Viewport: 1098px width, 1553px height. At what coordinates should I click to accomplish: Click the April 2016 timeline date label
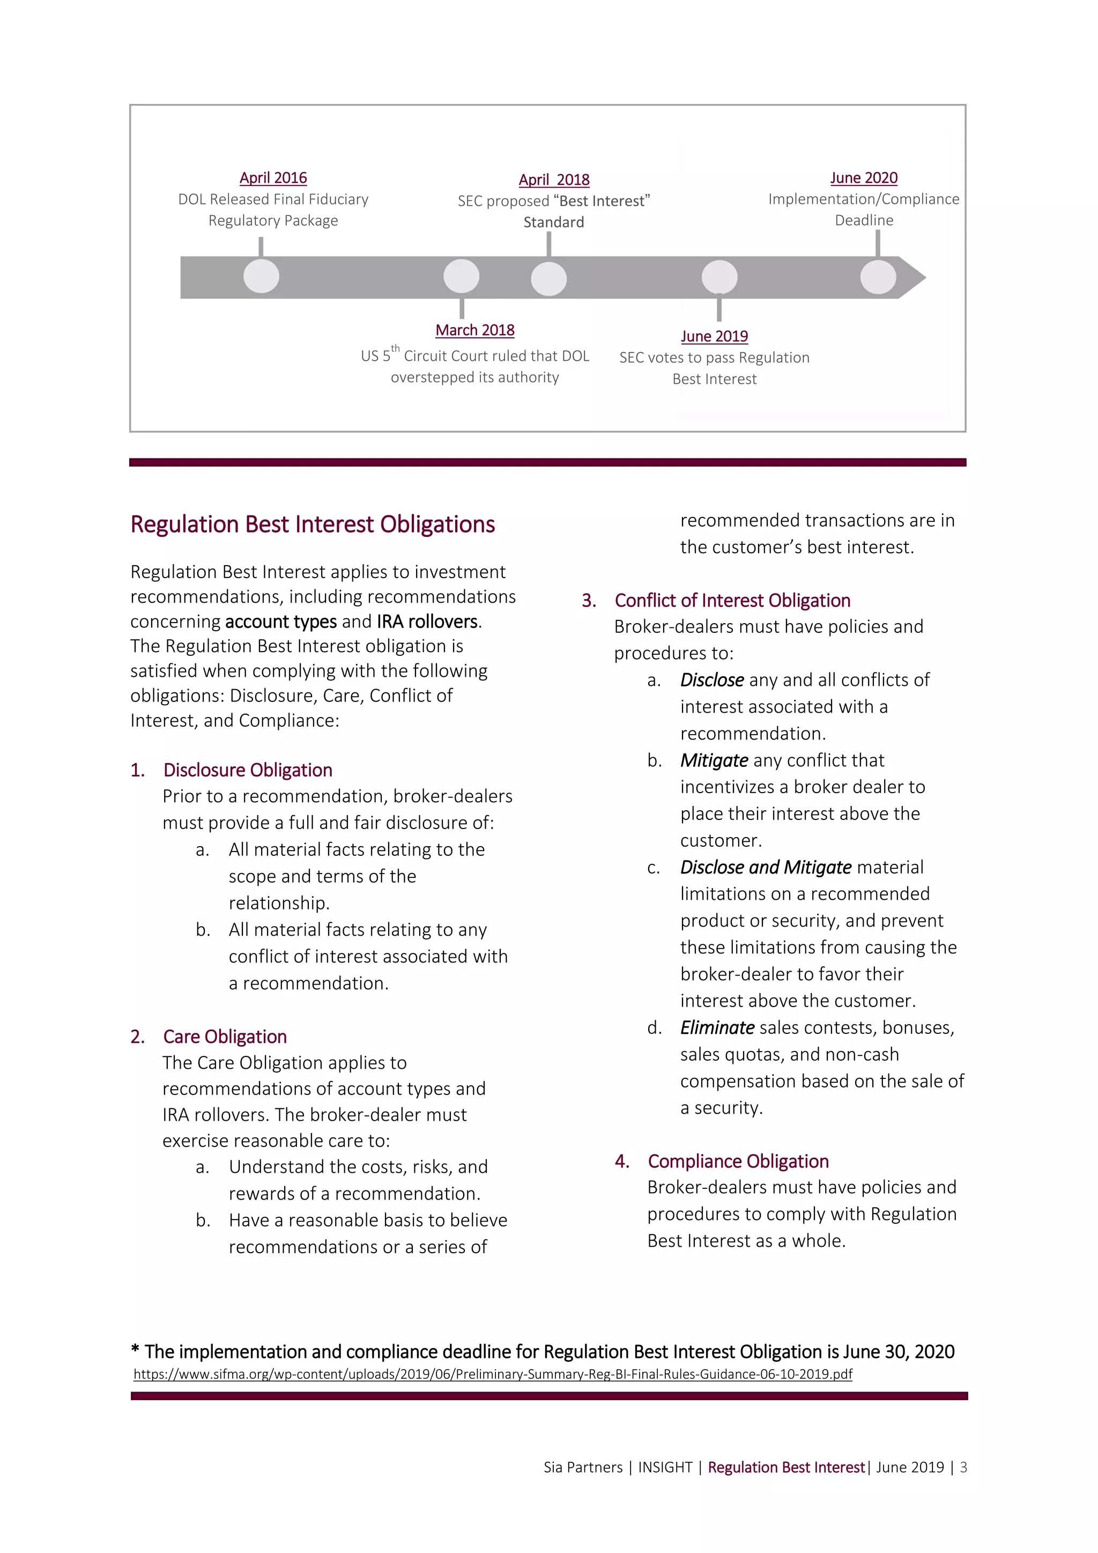coord(273,178)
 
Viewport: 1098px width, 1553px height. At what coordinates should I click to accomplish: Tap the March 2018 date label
coord(474,330)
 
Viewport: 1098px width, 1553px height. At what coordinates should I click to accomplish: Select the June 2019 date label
coord(714,336)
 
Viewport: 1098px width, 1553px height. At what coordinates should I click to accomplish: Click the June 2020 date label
coord(863,178)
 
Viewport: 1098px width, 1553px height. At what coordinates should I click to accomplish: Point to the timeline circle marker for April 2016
coord(261,276)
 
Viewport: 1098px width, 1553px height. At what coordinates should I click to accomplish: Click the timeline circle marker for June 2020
coord(878,277)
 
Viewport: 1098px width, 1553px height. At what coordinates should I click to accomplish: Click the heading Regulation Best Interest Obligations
coord(313,524)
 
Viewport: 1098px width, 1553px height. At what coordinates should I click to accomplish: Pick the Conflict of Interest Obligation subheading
coord(732,600)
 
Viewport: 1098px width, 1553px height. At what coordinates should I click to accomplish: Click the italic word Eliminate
coord(717,1027)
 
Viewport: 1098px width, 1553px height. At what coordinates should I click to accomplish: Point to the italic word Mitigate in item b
coord(714,760)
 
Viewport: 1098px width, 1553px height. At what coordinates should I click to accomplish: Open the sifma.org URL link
coord(492,1374)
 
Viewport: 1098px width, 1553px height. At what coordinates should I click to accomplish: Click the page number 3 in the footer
coord(963,1467)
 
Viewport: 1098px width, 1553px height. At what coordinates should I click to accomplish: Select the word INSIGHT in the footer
coord(665,1467)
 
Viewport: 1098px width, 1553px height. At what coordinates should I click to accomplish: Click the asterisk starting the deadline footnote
coord(135,1350)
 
